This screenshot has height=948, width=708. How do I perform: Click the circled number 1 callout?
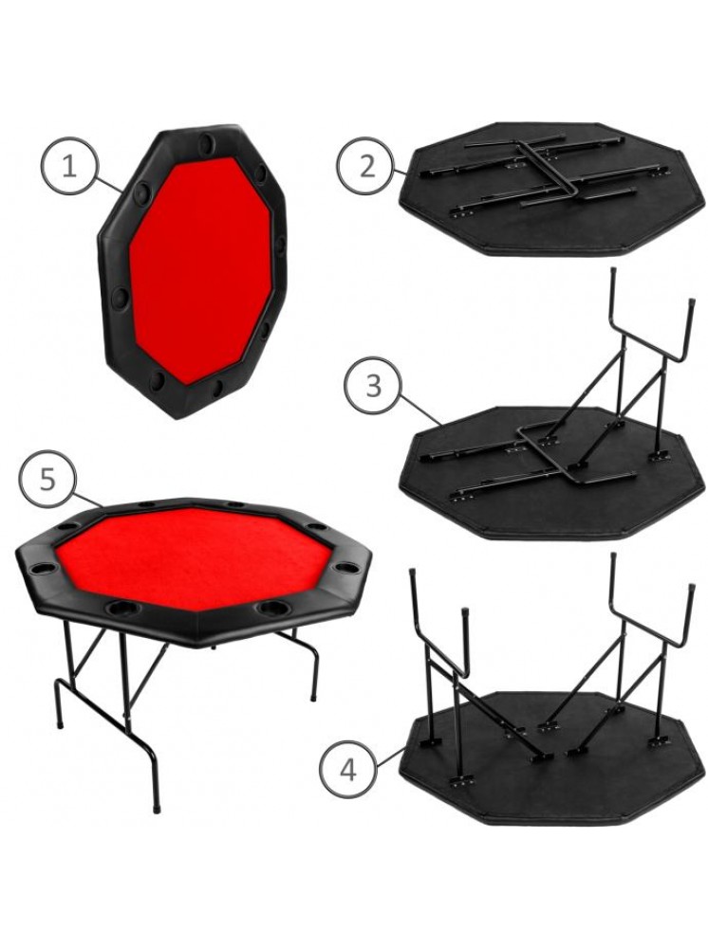pos(69,166)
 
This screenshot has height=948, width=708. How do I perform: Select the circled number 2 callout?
pos(366,166)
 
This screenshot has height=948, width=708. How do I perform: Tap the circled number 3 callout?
pos(373,386)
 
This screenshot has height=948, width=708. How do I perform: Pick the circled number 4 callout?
pos(348,770)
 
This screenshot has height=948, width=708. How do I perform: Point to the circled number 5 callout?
pos(47,481)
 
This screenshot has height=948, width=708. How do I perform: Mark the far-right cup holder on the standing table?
pos(345,567)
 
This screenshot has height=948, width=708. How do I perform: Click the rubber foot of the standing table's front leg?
pos(158,806)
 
